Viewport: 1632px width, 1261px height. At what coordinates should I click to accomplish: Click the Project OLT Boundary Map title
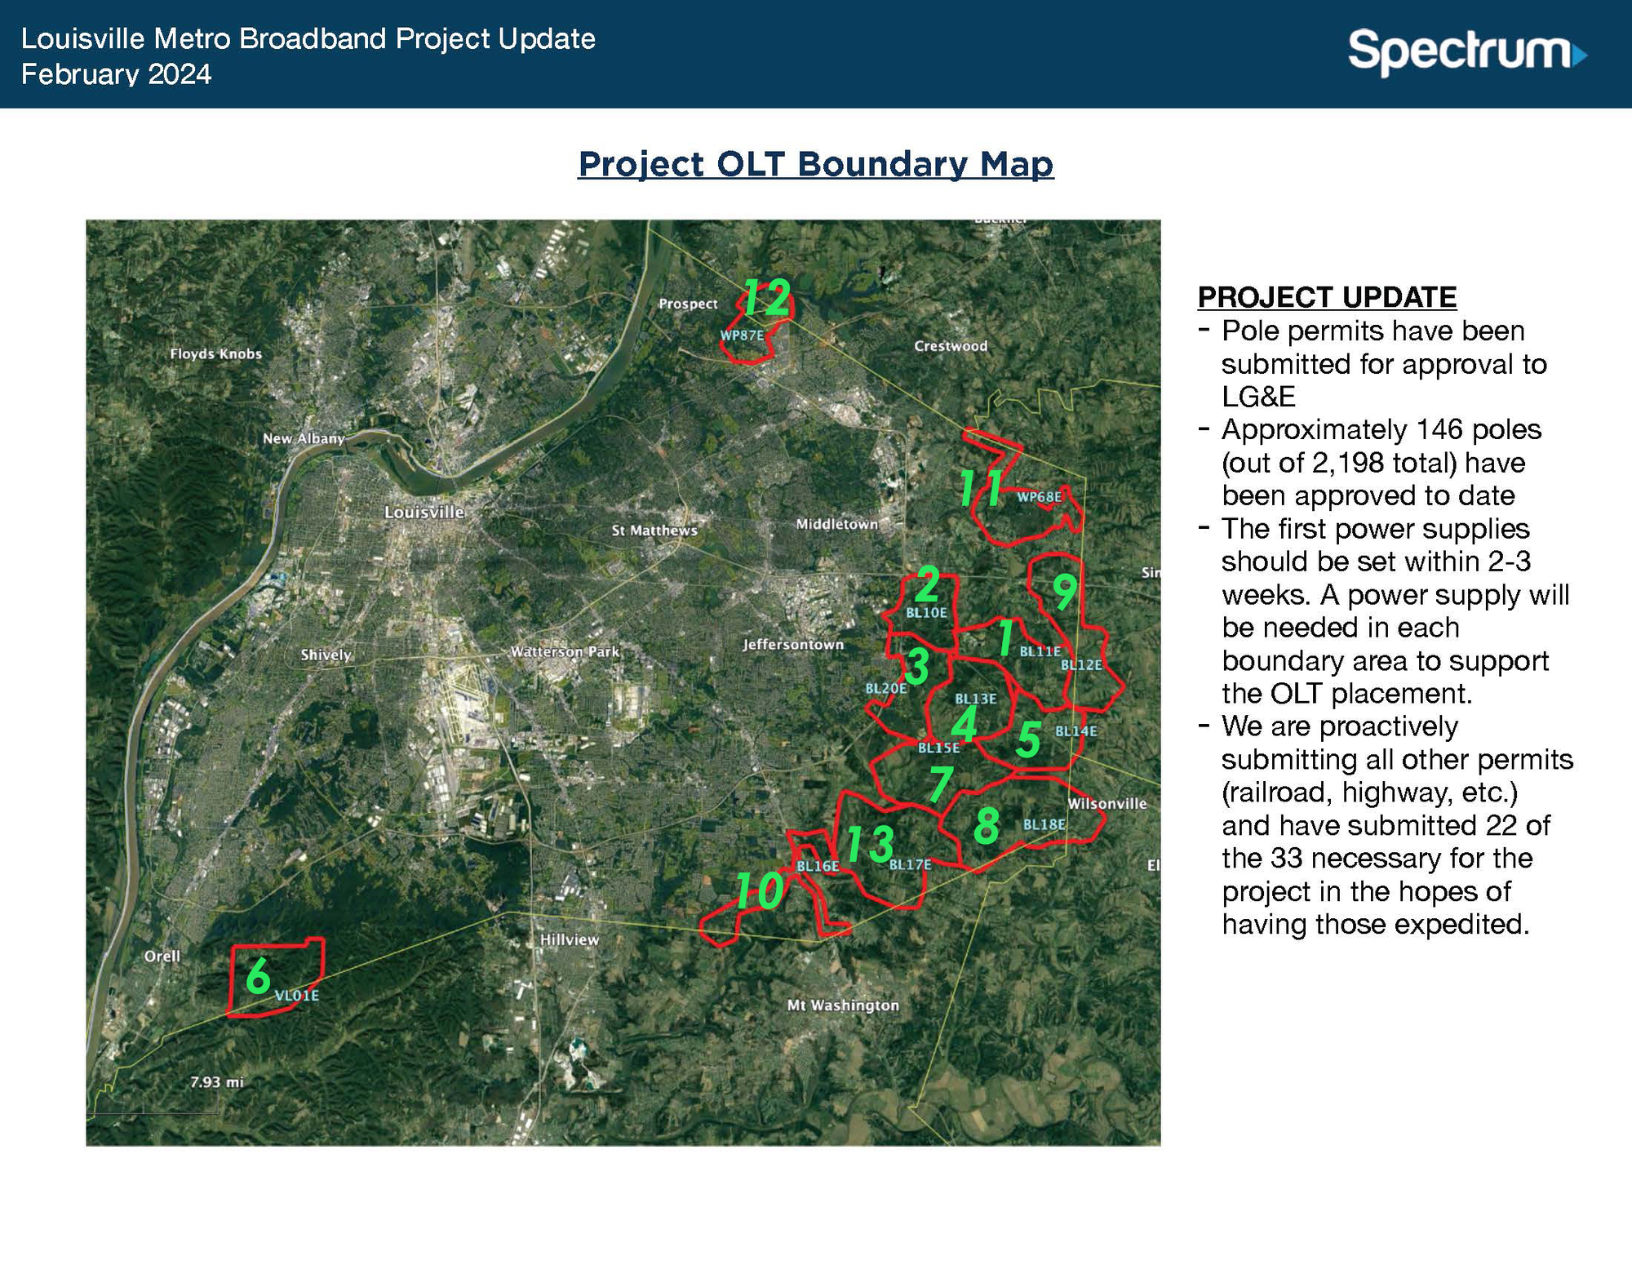point(815,164)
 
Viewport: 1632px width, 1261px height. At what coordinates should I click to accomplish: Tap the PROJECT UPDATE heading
point(1327,297)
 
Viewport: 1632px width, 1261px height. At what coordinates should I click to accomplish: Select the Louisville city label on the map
point(424,513)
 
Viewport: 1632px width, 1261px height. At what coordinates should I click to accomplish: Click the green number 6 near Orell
point(258,975)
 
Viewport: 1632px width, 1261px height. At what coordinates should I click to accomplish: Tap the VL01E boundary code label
point(296,996)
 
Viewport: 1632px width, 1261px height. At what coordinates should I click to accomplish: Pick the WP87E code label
point(741,335)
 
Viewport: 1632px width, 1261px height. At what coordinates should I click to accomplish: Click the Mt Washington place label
point(842,1006)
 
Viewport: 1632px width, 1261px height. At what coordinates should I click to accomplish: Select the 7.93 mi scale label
point(216,1082)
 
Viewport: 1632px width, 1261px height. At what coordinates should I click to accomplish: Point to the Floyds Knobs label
point(215,353)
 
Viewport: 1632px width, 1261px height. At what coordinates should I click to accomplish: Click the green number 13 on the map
point(869,844)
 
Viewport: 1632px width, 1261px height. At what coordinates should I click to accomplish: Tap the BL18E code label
point(1044,825)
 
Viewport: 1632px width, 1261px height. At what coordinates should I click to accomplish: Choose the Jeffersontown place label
point(792,645)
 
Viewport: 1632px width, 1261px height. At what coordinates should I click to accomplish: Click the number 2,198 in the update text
point(1342,463)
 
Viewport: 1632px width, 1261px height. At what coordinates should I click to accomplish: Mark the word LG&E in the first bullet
point(1258,397)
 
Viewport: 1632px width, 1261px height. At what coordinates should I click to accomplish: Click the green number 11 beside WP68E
point(981,490)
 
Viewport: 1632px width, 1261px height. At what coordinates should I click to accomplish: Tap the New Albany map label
point(303,438)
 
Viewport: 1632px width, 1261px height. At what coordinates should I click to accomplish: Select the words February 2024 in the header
point(116,74)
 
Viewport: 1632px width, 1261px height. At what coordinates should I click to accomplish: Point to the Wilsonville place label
point(1106,804)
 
